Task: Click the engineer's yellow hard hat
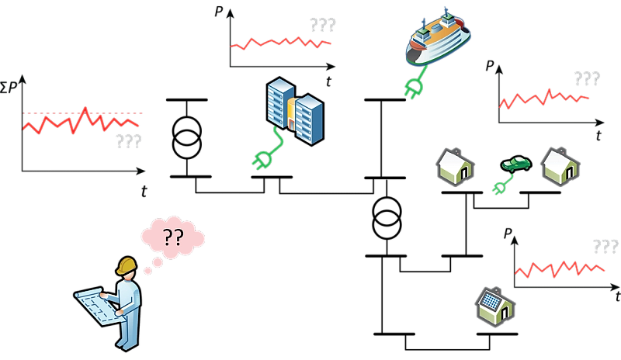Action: [x=127, y=265]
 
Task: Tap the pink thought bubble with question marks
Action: [x=172, y=236]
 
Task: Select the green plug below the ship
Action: [x=412, y=87]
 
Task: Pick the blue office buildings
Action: [x=294, y=110]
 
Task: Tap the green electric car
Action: [x=516, y=164]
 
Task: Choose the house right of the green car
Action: [x=560, y=166]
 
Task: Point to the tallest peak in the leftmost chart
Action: [x=85, y=109]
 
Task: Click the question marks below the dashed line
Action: [x=128, y=142]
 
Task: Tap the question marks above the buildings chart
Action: [x=322, y=25]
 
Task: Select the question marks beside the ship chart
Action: [x=586, y=78]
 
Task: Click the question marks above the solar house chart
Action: [x=605, y=247]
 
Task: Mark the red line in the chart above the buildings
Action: [x=279, y=43]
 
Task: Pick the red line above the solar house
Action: [x=559, y=268]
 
